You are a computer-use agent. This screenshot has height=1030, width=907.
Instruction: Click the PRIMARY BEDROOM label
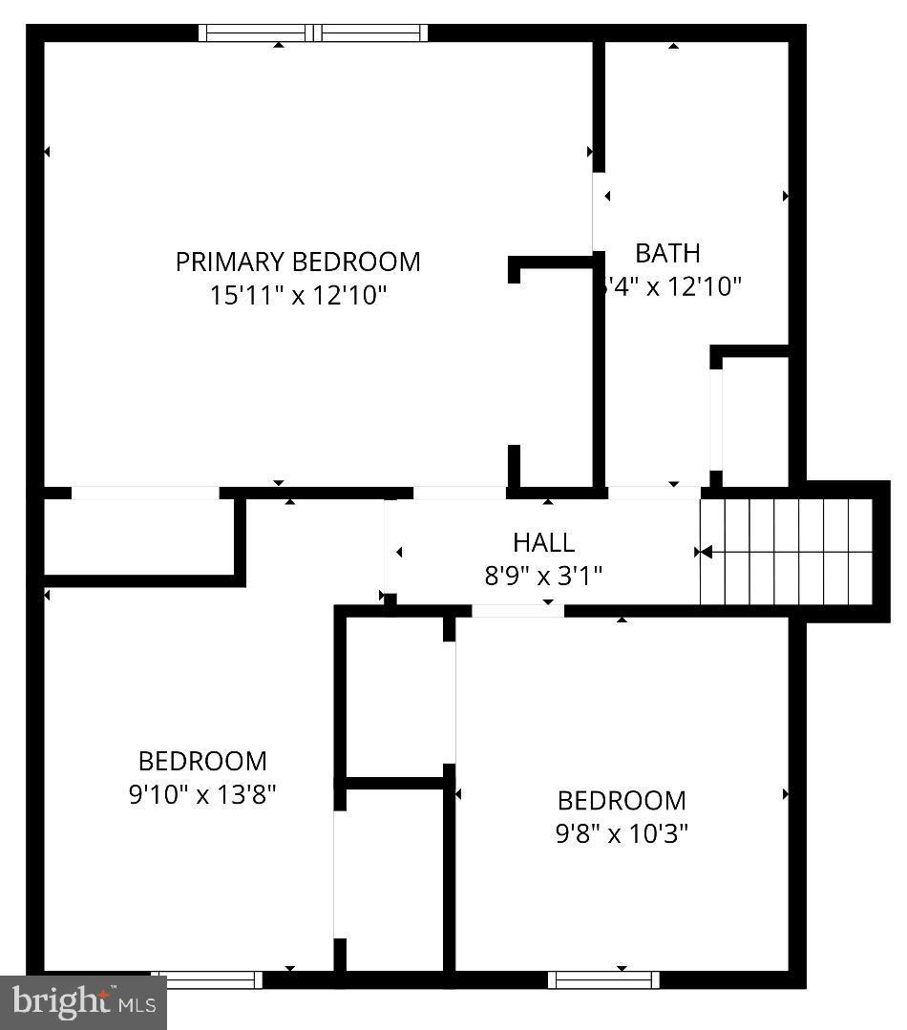[x=297, y=262]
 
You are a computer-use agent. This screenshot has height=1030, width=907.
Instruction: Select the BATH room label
[x=667, y=253]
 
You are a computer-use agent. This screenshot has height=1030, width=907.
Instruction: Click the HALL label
[x=543, y=542]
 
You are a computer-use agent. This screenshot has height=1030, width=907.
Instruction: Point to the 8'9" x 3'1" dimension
[x=543, y=576]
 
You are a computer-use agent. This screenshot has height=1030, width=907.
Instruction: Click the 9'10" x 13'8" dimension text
[x=202, y=794]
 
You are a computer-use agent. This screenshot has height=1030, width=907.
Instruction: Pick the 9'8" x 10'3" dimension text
[x=622, y=833]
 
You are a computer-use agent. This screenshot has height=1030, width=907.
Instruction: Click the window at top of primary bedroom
[x=313, y=33]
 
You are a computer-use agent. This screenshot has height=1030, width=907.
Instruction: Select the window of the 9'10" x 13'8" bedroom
[x=206, y=979]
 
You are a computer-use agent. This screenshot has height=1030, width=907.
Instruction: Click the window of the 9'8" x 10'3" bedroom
[x=603, y=979]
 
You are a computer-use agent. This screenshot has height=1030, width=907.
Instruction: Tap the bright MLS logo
[x=83, y=1001]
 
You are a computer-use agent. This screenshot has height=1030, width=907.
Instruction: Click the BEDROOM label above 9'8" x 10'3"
[x=622, y=800]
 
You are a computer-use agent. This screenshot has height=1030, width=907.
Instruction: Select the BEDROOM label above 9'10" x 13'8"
[x=202, y=761]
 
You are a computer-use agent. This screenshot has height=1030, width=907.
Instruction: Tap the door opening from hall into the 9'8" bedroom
[x=517, y=611]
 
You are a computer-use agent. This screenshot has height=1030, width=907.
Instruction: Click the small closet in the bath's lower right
[x=755, y=420]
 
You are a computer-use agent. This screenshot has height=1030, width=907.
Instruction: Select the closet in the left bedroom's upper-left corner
[x=139, y=536]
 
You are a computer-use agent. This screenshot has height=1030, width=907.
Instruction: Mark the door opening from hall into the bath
[x=655, y=493]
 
